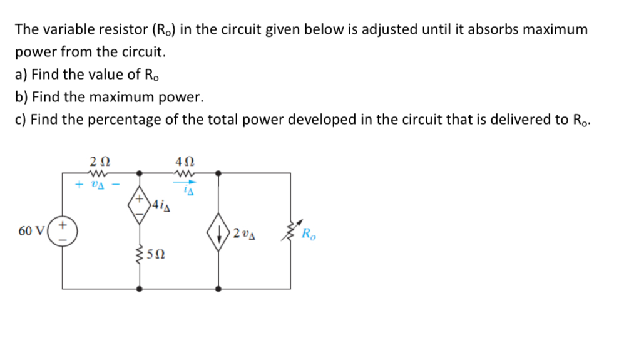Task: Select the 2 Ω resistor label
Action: pyautogui.click(x=100, y=160)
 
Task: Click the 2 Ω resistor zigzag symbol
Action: pyautogui.click(x=100, y=172)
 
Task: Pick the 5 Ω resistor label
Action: pyautogui.click(x=157, y=255)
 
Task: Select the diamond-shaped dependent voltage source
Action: pyautogui.click(x=139, y=203)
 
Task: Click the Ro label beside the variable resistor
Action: pyautogui.click(x=309, y=235)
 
